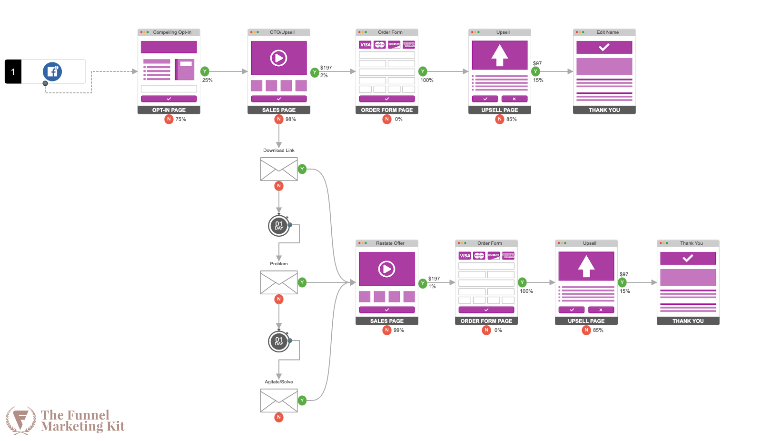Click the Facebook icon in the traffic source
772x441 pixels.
coord(52,71)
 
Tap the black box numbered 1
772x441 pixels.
coord(13,71)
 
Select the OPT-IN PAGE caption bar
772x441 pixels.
coord(169,110)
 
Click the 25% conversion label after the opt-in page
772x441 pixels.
coord(208,80)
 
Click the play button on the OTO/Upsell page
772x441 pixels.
coord(279,58)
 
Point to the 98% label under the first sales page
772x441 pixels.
coord(291,119)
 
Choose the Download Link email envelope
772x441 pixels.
coord(279,169)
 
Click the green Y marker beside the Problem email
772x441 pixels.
coord(302,282)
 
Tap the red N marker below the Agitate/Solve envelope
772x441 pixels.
coord(279,417)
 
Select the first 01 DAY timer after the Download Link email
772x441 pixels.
coord(279,226)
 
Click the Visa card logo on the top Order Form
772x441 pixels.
coord(365,45)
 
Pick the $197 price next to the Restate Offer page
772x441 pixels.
coord(434,279)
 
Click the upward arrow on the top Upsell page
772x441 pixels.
coord(500,55)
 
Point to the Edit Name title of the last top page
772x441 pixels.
coord(608,32)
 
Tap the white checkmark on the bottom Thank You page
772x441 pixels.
coord(688,258)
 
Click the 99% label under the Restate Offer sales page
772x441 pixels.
coord(399,330)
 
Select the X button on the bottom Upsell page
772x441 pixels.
coord(601,310)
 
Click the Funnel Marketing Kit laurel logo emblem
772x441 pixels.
coord(20,421)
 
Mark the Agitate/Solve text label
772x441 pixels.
coord(279,382)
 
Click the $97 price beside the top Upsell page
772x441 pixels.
coord(537,63)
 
